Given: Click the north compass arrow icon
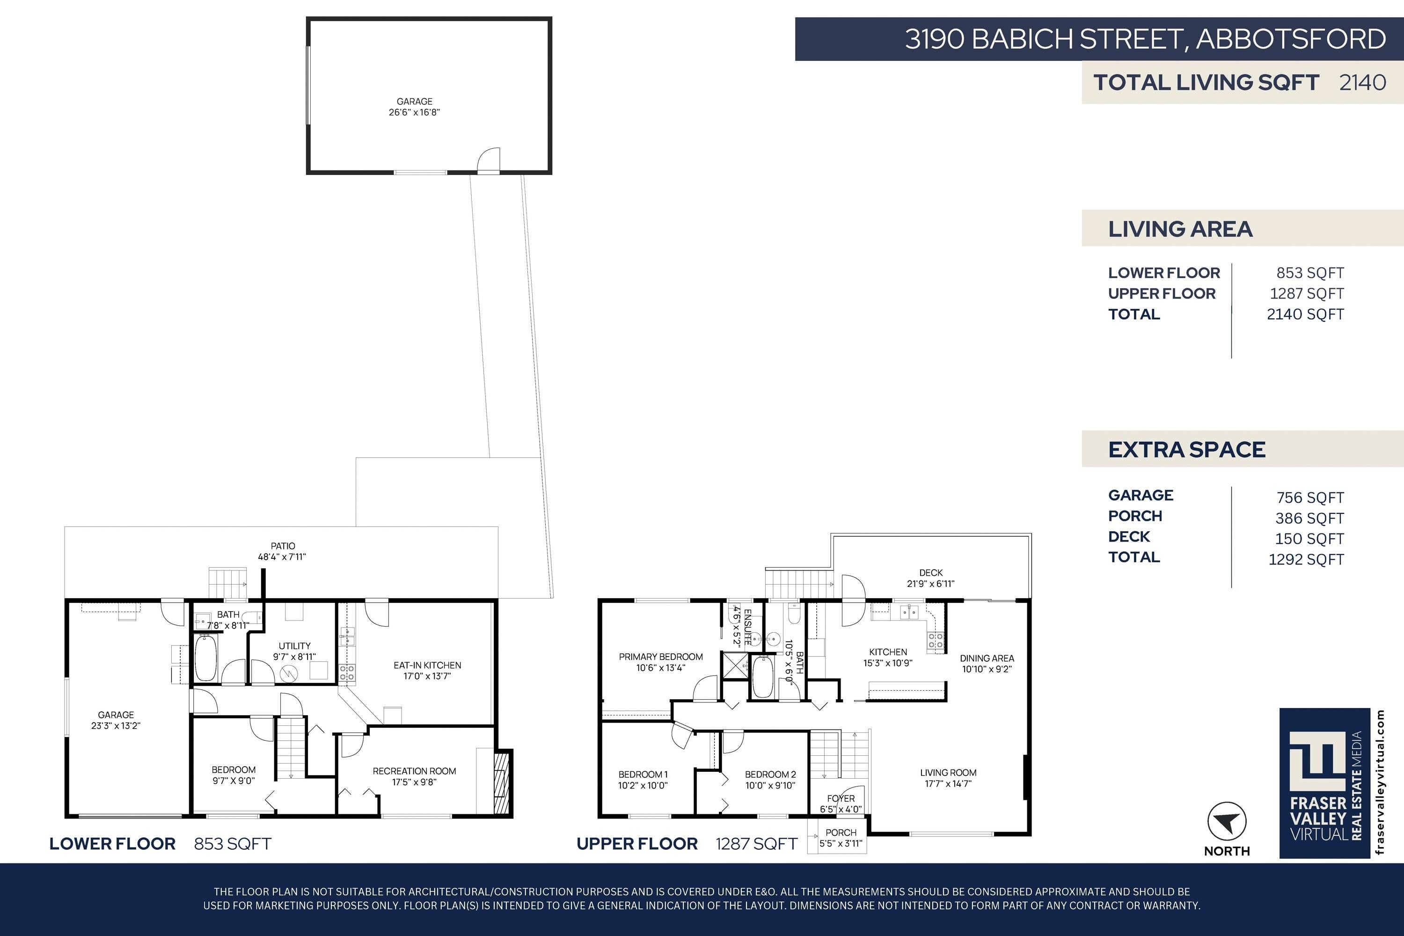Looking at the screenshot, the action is (x=1227, y=821).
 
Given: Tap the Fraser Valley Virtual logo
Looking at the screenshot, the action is (x=1324, y=783).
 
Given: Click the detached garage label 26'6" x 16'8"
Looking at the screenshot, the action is (x=414, y=107).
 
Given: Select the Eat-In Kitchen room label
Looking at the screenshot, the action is (x=427, y=670).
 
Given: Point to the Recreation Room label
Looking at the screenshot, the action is (x=414, y=776).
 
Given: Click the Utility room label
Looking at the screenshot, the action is (x=294, y=651).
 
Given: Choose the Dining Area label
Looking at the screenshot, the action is (x=987, y=663).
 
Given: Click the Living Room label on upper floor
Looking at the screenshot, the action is (x=948, y=778).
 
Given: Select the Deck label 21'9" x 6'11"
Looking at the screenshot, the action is (x=931, y=578).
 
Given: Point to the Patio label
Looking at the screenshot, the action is (x=282, y=551).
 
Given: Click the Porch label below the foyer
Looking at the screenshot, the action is (x=841, y=838).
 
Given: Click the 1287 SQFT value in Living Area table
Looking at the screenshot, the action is (x=1307, y=294).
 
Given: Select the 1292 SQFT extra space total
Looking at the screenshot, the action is (x=1306, y=559).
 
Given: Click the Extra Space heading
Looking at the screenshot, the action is (x=1187, y=449).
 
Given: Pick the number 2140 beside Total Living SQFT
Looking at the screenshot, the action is (x=1363, y=82).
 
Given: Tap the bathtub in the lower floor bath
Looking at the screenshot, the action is (x=205, y=658).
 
